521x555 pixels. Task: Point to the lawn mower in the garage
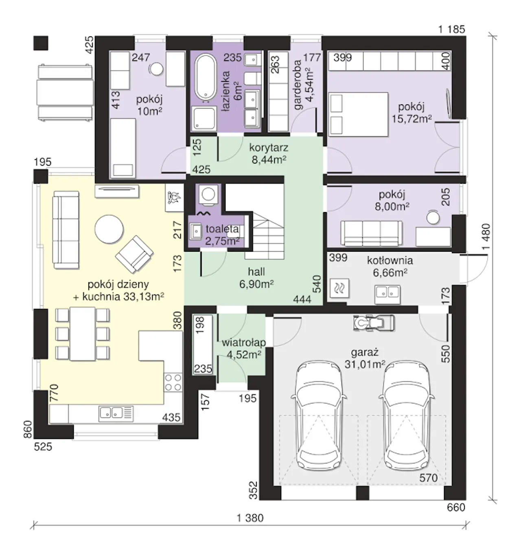click(x=374, y=323)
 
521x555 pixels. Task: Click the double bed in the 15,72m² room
click(x=359, y=114)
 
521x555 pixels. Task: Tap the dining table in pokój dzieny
click(x=82, y=333)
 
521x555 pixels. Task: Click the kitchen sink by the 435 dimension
click(x=116, y=414)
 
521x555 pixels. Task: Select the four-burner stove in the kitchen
click(x=173, y=383)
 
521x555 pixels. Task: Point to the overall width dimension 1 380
click(x=250, y=518)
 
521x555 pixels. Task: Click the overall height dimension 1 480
click(x=486, y=237)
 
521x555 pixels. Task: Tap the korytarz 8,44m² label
click(x=269, y=154)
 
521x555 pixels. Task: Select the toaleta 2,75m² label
click(x=222, y=235)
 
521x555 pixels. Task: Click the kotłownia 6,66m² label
click(x=390, y=266)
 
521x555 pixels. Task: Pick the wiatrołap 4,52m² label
click(x=244, y=349)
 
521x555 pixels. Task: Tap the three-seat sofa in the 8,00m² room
click(x=372, y=233)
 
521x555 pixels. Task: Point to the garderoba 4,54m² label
click(x=303, y=85)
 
